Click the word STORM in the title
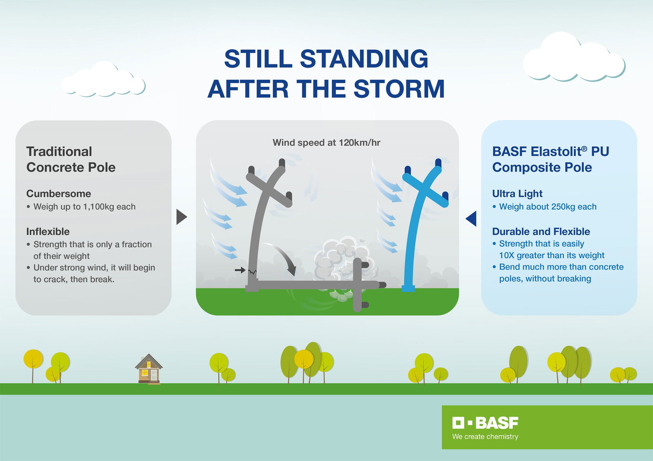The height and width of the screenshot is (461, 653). [399, 89]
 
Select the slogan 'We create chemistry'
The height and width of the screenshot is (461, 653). [485, 437]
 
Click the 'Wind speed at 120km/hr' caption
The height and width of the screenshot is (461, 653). [326, 143]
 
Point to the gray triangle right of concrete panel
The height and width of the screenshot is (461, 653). [181, 217]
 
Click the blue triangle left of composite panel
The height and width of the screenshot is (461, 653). [471, 218]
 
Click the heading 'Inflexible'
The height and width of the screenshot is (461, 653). [48, 232]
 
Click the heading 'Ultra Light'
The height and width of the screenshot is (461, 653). [517, 194]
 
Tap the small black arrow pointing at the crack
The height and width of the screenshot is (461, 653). [240, 270]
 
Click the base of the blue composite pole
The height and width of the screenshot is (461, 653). [408, 288]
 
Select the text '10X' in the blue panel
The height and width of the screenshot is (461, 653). [506, 256]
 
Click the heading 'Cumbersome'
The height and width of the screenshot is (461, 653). [58, 194]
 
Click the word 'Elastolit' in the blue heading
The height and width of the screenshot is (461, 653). [558, 152]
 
